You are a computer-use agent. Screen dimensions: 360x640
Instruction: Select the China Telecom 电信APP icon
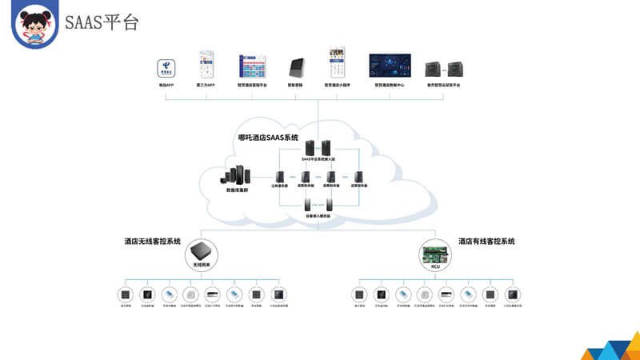pyautogui.click(x=166, y=66)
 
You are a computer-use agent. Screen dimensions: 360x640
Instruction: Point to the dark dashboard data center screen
pyautogui.click(x=390, y=66)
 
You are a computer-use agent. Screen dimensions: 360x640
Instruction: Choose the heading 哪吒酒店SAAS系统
pyautogui.click(x=268, y=138)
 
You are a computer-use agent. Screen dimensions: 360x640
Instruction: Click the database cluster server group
pyautogui.click(x=242, y=174)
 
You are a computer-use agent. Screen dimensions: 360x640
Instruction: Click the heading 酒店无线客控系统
pyautogui.click(x=152, y=241)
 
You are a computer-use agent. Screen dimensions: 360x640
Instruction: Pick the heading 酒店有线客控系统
pyautogui.click(x=486, y=241)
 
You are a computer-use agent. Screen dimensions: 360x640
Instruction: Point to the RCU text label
pyautogui.click(x=435, y=268)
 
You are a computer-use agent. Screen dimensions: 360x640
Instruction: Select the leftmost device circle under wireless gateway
pyautogui.click(x=125, y=294)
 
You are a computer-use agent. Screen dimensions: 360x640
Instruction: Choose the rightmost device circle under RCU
pyautogui.click(x=513, y=294)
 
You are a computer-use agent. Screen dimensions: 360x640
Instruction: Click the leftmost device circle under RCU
pyautogui.click(x=359, y=294)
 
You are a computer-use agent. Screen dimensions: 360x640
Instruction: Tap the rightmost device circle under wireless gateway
pyautogui.click(x=278, y=294)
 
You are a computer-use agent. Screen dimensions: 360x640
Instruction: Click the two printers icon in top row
pyautogui.click(x=443, y=68)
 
